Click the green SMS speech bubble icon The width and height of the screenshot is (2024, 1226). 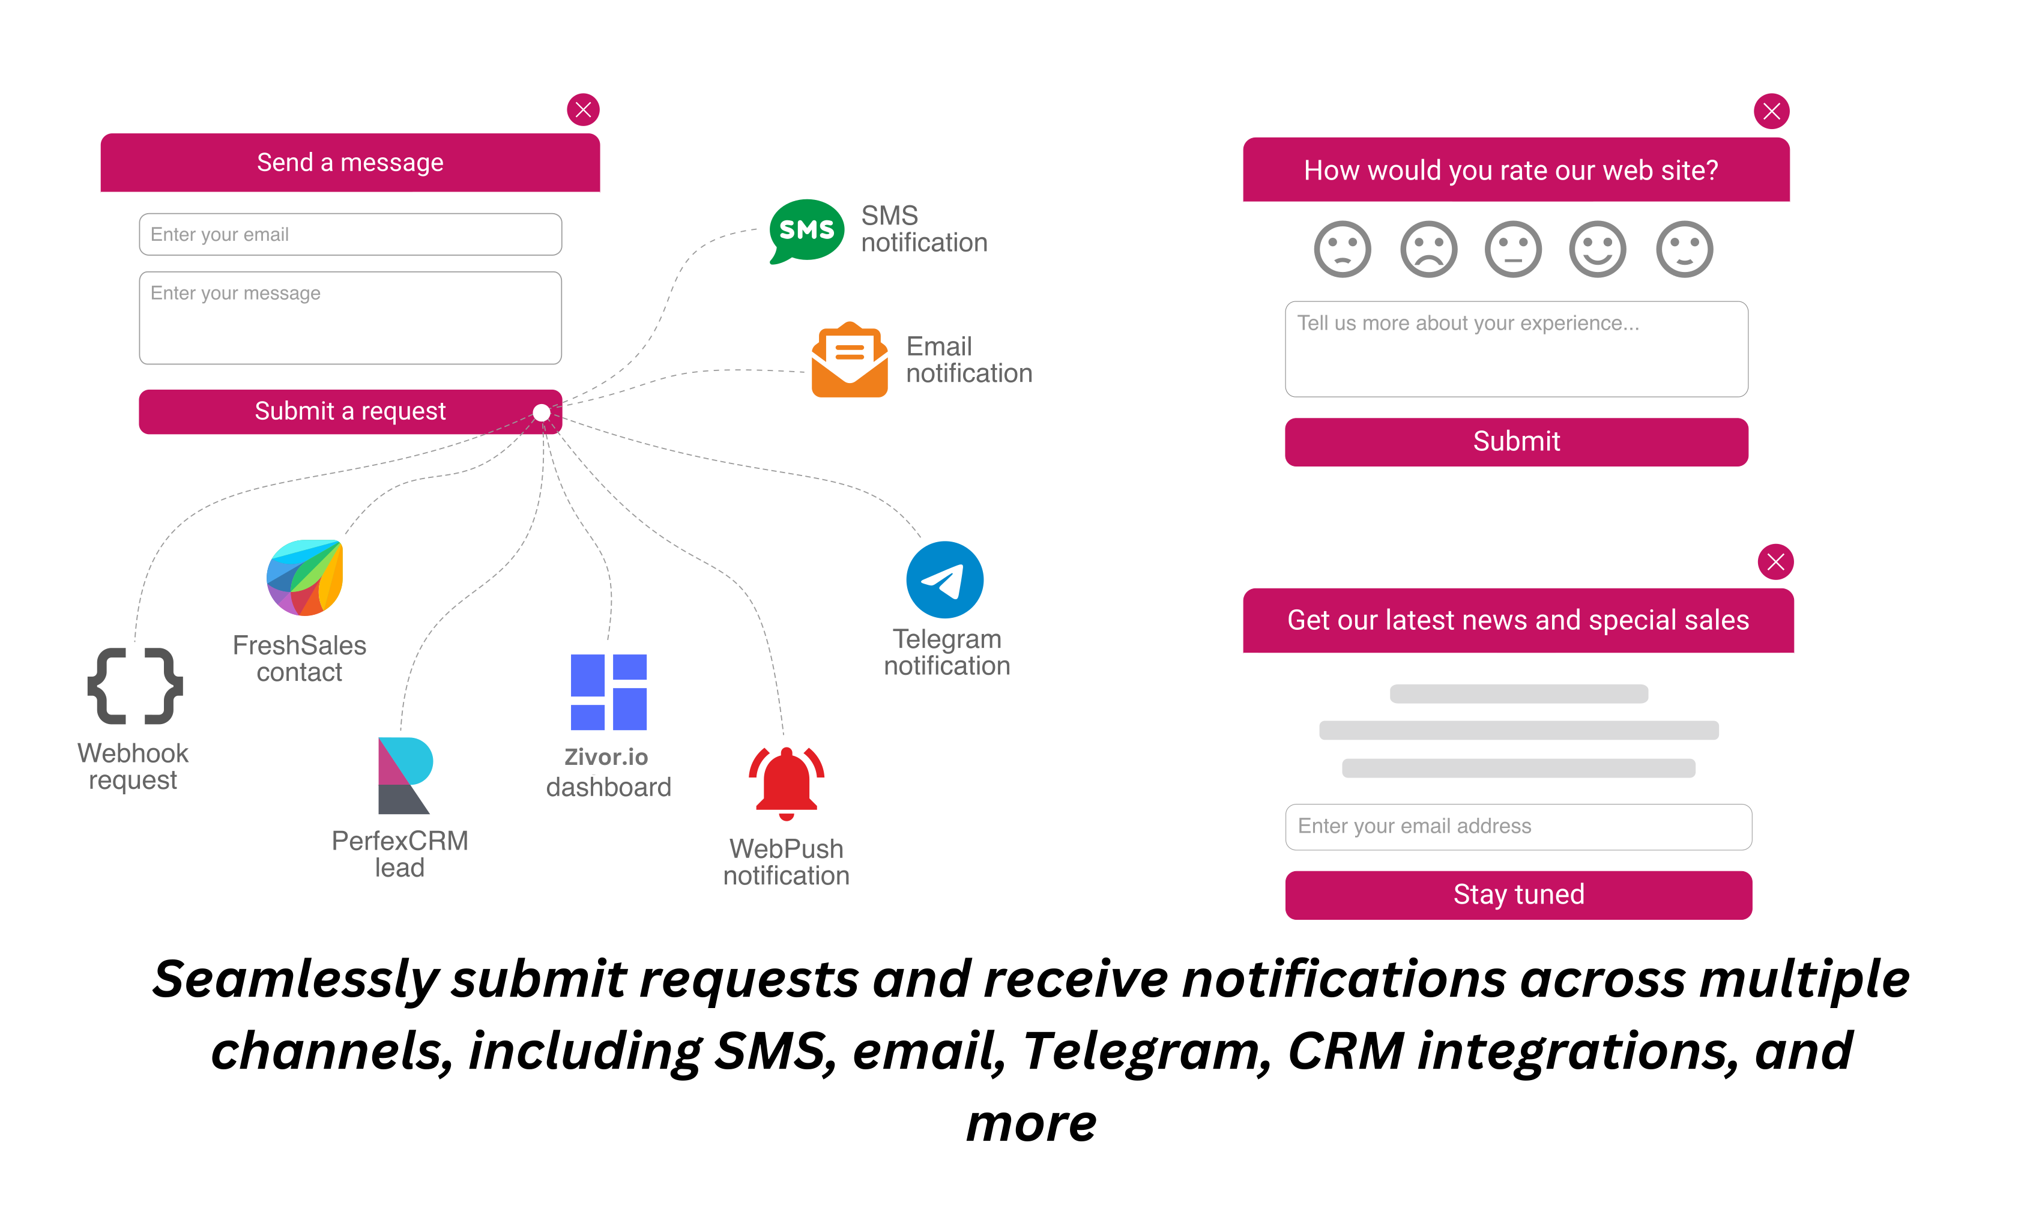pos(806,230)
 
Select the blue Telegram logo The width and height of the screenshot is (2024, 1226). pos(944,580)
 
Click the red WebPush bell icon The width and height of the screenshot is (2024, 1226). pos(786,784)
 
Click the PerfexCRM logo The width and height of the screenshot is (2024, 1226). pos(404,775)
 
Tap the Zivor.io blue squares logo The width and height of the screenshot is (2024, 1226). pos(609,692)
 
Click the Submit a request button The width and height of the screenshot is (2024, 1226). pos(350,411)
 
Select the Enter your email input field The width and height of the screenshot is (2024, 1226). pos(350,235)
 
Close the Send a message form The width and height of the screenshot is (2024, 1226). pos(583,110)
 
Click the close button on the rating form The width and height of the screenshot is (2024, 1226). pos(1772,112)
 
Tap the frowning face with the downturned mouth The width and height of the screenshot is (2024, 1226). pos(1428,250)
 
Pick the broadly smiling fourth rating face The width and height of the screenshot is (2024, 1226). pos(1598,250)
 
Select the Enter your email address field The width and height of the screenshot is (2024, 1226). pos(1518,827)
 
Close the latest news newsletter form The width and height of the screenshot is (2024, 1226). pos(1775,563)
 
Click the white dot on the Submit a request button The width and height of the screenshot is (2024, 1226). pos(542,412)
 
